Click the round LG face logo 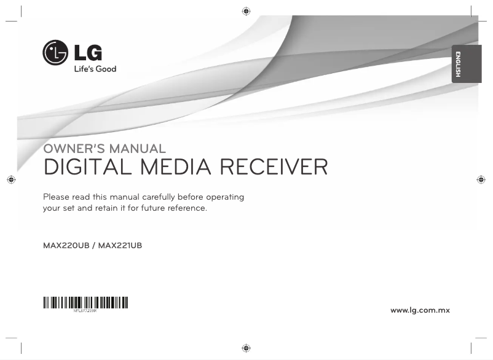click(x=55, y=52)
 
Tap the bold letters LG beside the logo click(x=89, y=50)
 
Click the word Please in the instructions click(x=57, y=197)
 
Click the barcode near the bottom click(x=85, y=302)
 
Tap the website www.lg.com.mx click(x=420, y=310)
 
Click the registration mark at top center click(x=246, y=11)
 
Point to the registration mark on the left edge click(x=10, y=179)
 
